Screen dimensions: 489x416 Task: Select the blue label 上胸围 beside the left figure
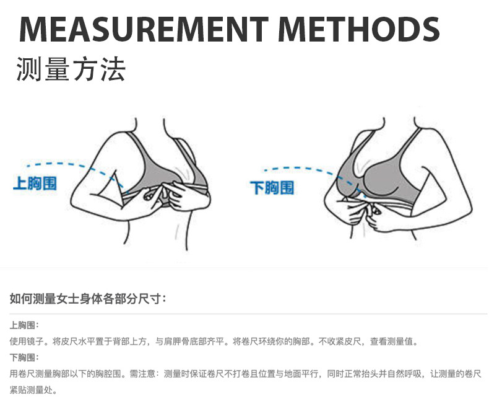(35, 184)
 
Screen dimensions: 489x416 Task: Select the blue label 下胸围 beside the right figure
(272, 187)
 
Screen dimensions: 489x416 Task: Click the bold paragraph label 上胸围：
(24, 325)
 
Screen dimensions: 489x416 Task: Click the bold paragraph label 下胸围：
(24, 358)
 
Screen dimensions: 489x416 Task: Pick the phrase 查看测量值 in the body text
(394, 341)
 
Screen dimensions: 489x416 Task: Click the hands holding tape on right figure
(365, 211)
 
